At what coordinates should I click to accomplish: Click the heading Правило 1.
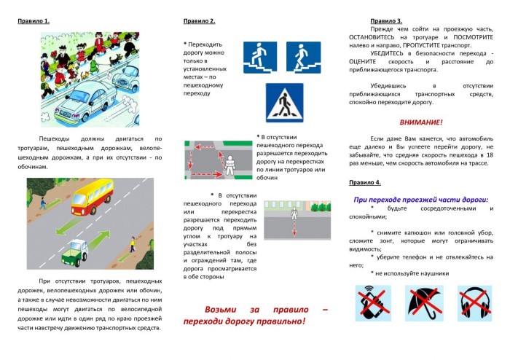[34, 20]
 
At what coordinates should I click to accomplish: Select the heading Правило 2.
[200, 20]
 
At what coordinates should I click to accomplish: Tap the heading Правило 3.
[387, 21]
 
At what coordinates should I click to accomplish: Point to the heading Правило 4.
[364, 181]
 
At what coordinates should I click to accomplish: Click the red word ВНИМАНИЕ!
[422, 122]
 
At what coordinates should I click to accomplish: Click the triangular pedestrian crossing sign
[283, 103]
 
